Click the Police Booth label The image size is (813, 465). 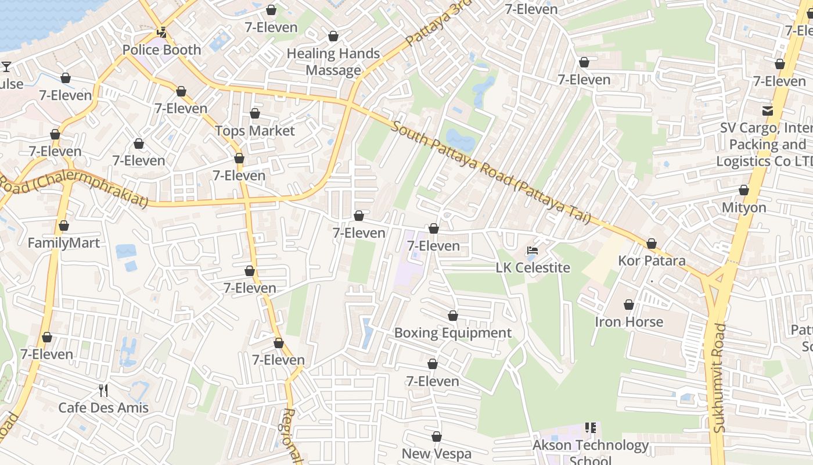pyautogui.click(x=161, y=50)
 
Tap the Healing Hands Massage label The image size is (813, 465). pyautogui.click(x=333, y=62)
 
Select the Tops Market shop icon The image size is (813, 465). pyautogui.click(x=255, y=113)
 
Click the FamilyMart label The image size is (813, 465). pyautogui.click(x=64, y=243)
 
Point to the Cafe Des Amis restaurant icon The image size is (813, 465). pyautogui.click(x=103, y=390)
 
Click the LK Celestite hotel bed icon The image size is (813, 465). pyautogui.click(x=533, y=251)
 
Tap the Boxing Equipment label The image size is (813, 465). pyautogui.click(x=453, y=333)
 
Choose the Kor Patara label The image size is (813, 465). pyautogui.click(x=652, y=261)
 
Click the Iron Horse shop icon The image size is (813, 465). pyautogui.click(x=628, y=305)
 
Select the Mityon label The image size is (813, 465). pyautogui.click(x=744, y=208)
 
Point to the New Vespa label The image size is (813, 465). pyautogui.click(x=437, y=454)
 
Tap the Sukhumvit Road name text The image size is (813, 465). pyautogui.click(x=720, y=378)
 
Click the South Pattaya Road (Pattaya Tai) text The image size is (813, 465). pyautogui.click(x=491, y=172)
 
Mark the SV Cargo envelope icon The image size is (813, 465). pyautogui.click(x=768, y=110)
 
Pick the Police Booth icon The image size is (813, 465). pyautogui.click(x=162, y=33)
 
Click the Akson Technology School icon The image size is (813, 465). pyautogui.click(x=591, y=428)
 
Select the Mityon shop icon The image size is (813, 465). pyautogui.click(x=744, y=190)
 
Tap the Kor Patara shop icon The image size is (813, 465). pyautogui.click(x=652, y=244)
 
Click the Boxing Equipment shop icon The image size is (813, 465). pyautogui.click(x=453, y=316)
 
